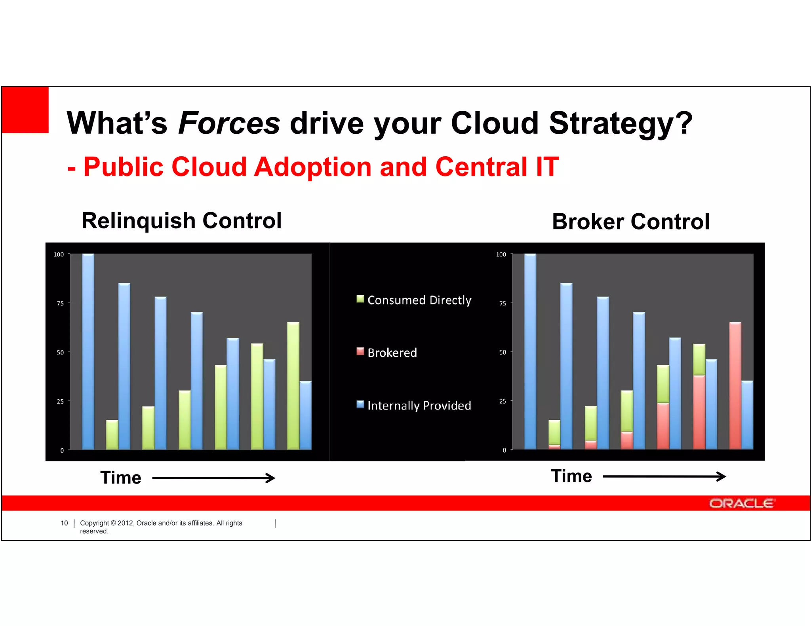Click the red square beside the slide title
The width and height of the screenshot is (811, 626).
click(x=25, y=110)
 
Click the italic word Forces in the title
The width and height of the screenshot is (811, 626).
click(x=229, y=123)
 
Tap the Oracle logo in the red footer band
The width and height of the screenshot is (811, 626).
click(x=741, y=503)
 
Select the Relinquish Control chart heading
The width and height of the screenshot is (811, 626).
click(x=181, y=220)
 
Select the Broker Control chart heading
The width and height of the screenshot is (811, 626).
click(x=630, y=221)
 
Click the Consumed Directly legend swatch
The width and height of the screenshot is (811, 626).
click(x=360, y=299)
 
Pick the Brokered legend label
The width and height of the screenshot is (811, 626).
click(x=392, y=353)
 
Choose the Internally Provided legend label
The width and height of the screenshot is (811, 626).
click(x=419, y=405)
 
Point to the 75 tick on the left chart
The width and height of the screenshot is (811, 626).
click(x=60, y=303)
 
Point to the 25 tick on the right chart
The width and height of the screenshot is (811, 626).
click(x=503, y=401)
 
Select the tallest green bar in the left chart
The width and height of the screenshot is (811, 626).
click(x=293, y=386)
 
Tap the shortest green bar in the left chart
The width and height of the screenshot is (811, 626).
click(x=112, y=434)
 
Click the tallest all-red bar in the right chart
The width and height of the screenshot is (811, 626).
click(x=735, y=386)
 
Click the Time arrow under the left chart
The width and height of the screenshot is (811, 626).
click(x=214, y=478)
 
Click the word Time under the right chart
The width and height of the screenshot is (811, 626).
click(x=571, y=476)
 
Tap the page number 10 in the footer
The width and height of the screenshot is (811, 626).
click(x=64, y=523)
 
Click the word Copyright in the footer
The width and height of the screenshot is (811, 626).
click(x=94, y=523)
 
